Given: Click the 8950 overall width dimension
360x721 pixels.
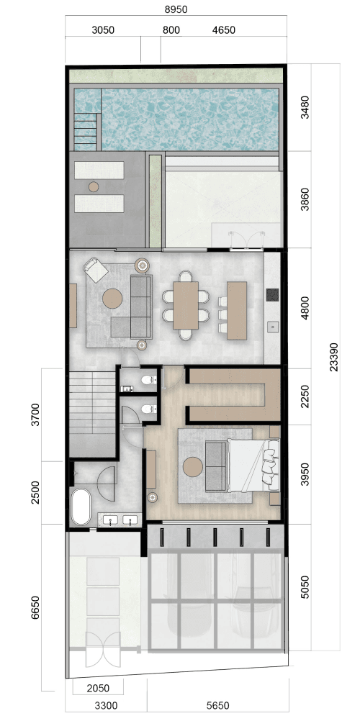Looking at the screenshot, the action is point(176,9).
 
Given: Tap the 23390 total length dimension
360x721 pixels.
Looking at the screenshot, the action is point(334,356).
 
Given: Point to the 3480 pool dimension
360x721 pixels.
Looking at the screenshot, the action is point(305,107).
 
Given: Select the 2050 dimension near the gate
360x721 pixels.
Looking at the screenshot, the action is point(98,688).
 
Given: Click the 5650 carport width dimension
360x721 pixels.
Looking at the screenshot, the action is point(217,705).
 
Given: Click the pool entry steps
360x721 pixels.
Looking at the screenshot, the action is point(86,132).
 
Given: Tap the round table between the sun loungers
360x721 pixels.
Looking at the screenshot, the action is point(94,186).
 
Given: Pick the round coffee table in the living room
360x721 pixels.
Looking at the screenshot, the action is point(112,299).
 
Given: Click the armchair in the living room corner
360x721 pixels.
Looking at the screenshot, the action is point(96,270).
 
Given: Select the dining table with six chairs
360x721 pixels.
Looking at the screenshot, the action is point(186,305).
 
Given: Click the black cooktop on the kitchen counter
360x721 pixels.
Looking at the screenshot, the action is point(273,295).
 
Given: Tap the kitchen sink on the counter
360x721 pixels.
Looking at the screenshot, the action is point(273,327).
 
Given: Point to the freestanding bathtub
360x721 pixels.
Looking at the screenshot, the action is point(81,507).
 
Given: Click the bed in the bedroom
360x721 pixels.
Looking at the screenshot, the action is point(253,466).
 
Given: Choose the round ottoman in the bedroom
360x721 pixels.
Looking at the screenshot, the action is point(193,467).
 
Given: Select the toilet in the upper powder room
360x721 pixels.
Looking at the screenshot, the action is point(148,380).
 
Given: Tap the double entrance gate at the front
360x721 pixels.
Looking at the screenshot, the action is point(103,650).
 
